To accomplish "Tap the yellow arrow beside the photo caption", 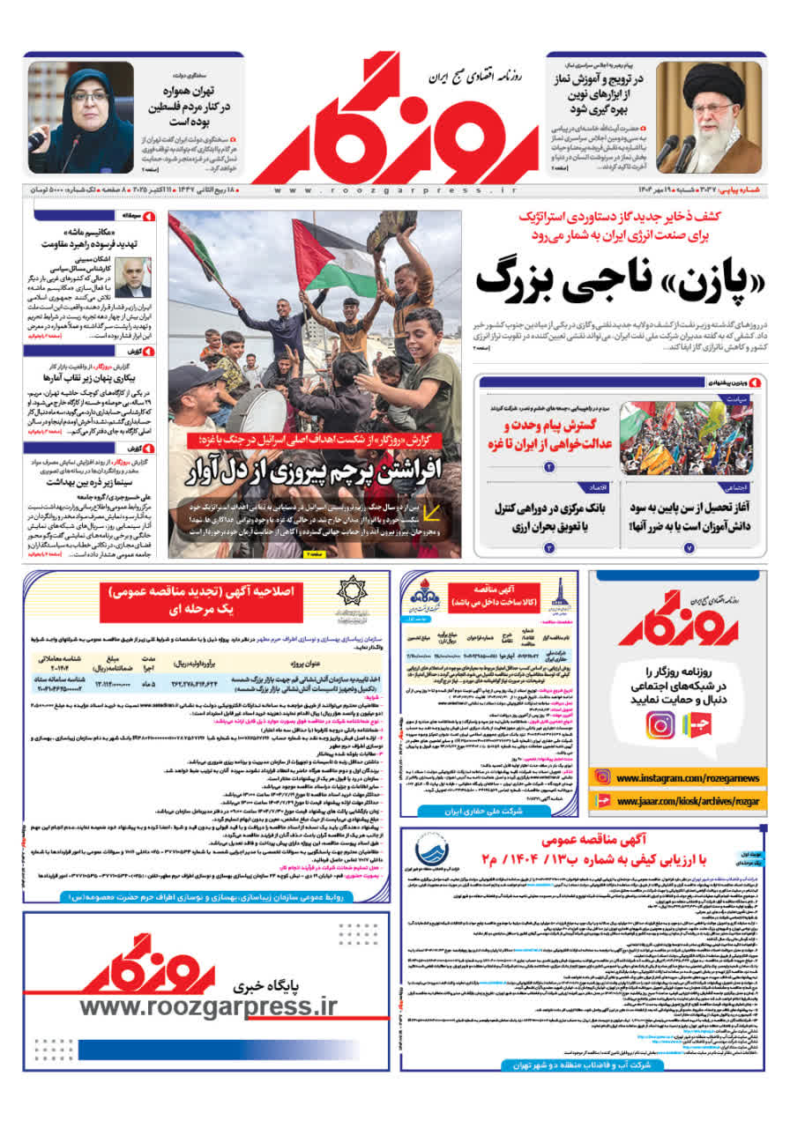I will click(432, 514).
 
